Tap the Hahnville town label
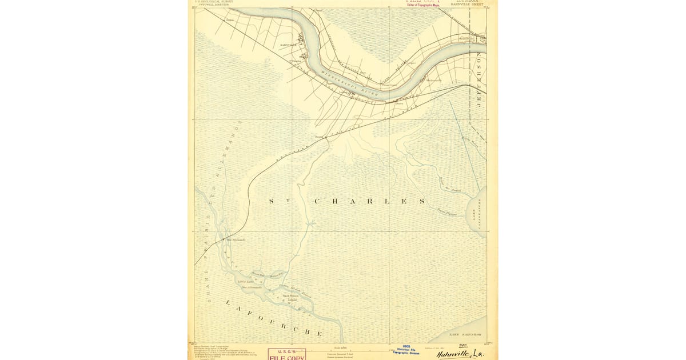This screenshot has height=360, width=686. pos(288,44)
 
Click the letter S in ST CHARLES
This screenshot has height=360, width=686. pos(272,202)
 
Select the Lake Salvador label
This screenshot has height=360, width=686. pos(465,334)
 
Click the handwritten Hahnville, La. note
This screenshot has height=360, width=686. pos(461,354)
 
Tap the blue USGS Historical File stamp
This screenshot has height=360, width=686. pos(406,350)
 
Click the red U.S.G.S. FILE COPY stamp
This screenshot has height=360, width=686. pos(287,355)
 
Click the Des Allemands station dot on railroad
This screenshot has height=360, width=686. pos(224,239)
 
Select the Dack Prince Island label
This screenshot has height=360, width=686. pos(290,297)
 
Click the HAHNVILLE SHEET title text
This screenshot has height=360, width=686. pos(467,4)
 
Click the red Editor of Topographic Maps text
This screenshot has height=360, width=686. pos(423,5)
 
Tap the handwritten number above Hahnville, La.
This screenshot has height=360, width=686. pos(462,345)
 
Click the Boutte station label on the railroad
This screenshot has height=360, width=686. pos(319,137)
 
